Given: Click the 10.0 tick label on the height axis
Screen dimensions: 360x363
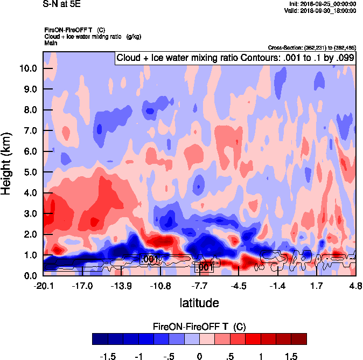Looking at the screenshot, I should (x=27, y=68).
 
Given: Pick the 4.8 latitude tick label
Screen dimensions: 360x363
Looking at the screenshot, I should (x=355, y=286).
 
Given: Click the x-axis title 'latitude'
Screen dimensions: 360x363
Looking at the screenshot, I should (x=199, y=303).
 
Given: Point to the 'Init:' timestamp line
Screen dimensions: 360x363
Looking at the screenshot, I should (x=322, y=4).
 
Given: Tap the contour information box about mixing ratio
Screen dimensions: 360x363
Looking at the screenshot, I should (x=235, y=57).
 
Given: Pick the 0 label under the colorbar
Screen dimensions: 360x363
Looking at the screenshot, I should (x=199, y=356).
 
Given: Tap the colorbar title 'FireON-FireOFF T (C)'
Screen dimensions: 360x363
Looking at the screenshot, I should (x=199, y=327).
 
